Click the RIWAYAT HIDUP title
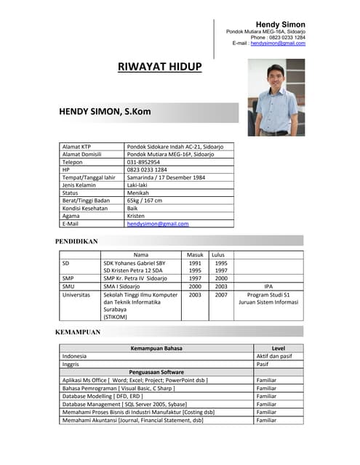[x=159, y=68]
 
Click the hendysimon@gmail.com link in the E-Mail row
[x=158, y=225]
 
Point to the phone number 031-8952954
[x=144, y=162]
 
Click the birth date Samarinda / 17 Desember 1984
[x=166, y=177]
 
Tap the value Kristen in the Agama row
[x=136, y=217]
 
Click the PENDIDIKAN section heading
[x=76, y=240]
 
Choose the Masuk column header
[x=195, y=255]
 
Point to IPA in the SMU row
[x=268, y=287]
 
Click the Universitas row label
[x=76, y=296]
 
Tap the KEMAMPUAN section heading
[x=78, y=332]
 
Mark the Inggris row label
[x=71, y=364]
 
